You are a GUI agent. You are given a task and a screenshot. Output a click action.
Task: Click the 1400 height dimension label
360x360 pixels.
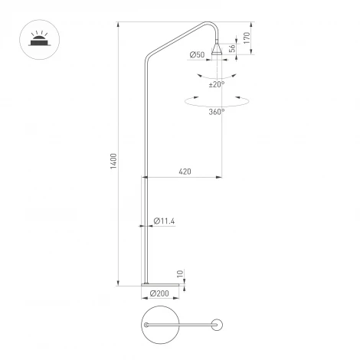113,162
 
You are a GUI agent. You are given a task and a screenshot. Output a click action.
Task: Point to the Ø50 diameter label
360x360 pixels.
196,55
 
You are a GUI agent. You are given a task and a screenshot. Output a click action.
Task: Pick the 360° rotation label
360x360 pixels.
217,112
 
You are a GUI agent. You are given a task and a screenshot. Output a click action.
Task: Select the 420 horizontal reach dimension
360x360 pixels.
184,171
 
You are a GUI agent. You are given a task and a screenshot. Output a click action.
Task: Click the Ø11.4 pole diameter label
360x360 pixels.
165,221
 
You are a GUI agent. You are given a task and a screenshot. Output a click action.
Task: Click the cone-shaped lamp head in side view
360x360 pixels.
218,49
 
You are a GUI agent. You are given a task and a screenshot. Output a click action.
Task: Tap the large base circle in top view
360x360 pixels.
160,326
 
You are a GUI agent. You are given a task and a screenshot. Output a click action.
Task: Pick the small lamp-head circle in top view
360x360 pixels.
218,326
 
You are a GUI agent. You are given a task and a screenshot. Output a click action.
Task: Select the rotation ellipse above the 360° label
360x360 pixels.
217,101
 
